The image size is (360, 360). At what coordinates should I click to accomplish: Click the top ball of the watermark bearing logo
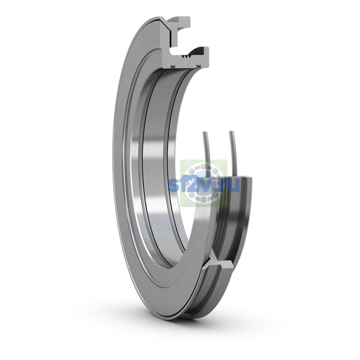point(203,166)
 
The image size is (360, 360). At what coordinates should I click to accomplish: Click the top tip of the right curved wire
point(232,132)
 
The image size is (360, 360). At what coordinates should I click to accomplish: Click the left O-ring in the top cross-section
point(172,67)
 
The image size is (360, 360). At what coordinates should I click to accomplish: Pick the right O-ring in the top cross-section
point(199,67)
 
